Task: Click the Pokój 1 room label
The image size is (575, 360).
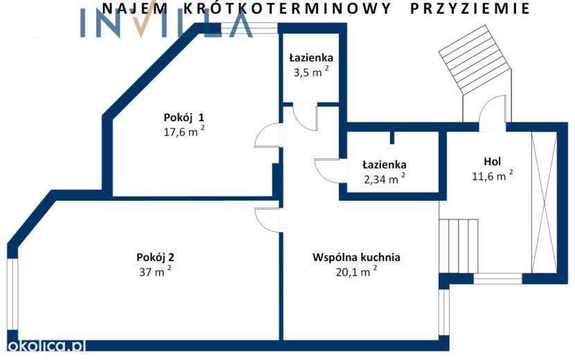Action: click(x=184, y=118)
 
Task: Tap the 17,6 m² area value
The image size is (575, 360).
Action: click(x=184, y=132)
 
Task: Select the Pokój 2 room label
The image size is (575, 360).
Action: click(x=155, y=258)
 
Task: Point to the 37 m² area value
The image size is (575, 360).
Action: click(x=155, y=271)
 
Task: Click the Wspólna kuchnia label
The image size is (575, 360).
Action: click(x=356, y=258)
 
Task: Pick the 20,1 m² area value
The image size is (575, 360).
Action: click(x=356, y=271)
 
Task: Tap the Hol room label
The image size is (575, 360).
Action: click(x=492, y=162)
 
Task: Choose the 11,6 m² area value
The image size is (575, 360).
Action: click(x=492, y=176)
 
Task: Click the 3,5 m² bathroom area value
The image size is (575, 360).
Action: click(x=311, y=72)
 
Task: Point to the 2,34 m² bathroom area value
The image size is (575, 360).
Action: click(x=384, y=179)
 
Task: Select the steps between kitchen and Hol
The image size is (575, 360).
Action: click(x=459, y=246)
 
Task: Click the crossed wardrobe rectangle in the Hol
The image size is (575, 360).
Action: click(x=545, y=202)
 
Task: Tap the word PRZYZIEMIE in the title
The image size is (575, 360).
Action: click(x=470, y=8)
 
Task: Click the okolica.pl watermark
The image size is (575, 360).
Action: click(x=46, y=345)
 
